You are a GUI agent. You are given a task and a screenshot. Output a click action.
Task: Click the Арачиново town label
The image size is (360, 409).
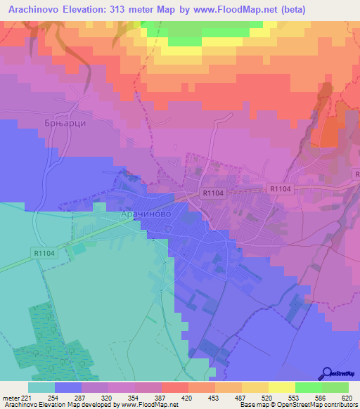[x=145, y=214]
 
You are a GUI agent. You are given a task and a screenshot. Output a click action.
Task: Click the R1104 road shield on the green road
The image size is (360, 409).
[x=43, y=252]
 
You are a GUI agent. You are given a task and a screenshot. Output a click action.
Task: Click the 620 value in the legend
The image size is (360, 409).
[x=345, y=397]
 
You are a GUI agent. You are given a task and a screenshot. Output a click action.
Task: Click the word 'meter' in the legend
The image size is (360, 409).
[x=12, y=397]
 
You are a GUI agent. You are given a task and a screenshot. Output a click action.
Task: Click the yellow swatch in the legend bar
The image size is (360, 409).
[x=281, y=387]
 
